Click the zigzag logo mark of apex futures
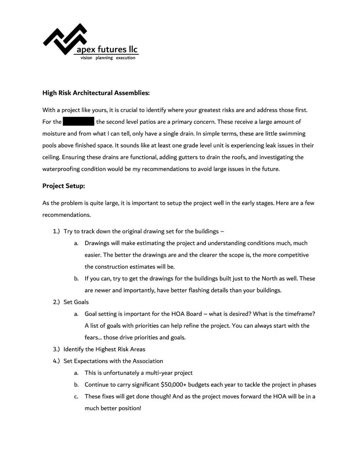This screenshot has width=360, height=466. click(x=65, y=39)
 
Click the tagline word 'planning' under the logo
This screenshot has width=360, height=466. click(x=104, y=58)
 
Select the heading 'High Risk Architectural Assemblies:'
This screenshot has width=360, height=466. click(x=96, y=93)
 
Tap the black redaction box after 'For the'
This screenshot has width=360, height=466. click(x=78, y=121)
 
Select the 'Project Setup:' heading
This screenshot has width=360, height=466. click(x=63, y=186)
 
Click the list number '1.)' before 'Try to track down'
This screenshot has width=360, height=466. click(x=56, y=231)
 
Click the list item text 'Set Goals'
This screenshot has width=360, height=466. click(x=76, y=302)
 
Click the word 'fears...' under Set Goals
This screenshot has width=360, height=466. click(x=93, y=337)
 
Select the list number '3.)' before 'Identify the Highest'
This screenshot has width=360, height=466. click(x=56, y=349)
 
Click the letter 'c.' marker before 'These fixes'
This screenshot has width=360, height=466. click(x=76, y=396)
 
